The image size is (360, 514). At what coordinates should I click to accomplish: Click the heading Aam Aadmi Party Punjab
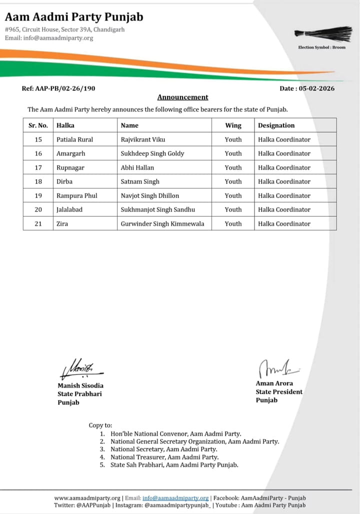click(74, 17)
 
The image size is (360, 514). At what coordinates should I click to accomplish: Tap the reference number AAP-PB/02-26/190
click(58, 88)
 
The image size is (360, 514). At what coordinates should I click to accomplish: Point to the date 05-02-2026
click(316, 88)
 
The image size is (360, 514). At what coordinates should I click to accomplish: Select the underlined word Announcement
click(182, 97)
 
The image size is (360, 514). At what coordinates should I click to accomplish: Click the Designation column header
click(276, 125)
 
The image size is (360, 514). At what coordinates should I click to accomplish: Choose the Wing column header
click(233, 125)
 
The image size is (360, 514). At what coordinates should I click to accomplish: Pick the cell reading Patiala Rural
click(75, 139)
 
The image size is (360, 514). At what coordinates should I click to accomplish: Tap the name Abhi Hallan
click(137, 167)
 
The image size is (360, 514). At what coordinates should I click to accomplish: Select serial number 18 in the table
click(38, 181)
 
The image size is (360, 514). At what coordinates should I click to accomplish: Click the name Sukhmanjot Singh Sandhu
click(157, 209)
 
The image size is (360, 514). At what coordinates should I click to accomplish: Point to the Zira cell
click(62, 223)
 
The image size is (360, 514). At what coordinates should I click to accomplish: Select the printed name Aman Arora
click(274, 383)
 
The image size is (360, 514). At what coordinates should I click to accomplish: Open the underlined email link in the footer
click(175, 498)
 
